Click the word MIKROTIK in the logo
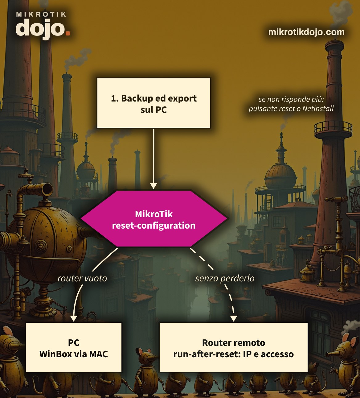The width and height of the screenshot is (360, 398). click(x=41, y=14)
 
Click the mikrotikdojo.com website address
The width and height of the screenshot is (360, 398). click(x=306, y=32)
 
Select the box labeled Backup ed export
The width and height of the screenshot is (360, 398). click(x=153, y=103)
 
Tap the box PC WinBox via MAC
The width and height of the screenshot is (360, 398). click(x=74, y=347)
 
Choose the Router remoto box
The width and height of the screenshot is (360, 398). click(x=234, y=347)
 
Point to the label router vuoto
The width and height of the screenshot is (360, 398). click(x=82, y=278)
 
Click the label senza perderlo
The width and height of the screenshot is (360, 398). click(x=225, y=278)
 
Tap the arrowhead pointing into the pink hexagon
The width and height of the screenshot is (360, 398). click(x=153, y=186)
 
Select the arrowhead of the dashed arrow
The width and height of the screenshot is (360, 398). click(x=234, y=318)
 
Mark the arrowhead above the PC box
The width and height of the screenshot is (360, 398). click(x=74, y=318)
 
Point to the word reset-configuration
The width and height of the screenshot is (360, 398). click(x=153, y=226)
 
